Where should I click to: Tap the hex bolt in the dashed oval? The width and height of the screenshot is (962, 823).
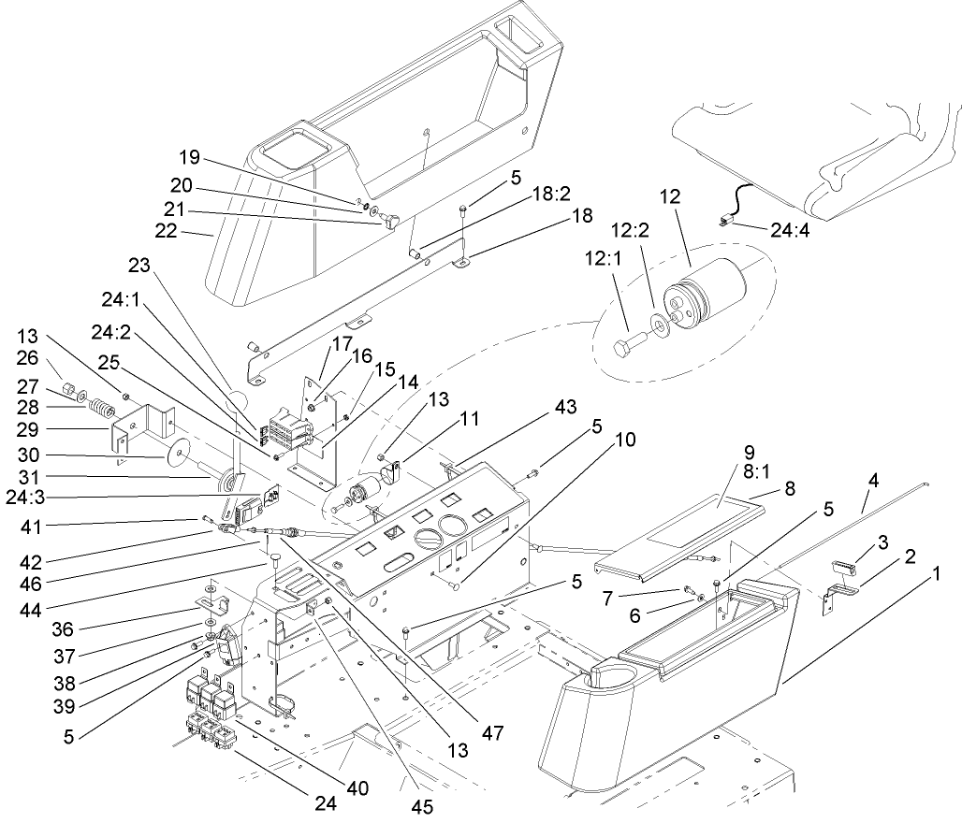point(632,345)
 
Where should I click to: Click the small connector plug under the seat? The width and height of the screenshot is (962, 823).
point(725,222)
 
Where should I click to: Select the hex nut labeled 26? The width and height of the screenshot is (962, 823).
point(68,387)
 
